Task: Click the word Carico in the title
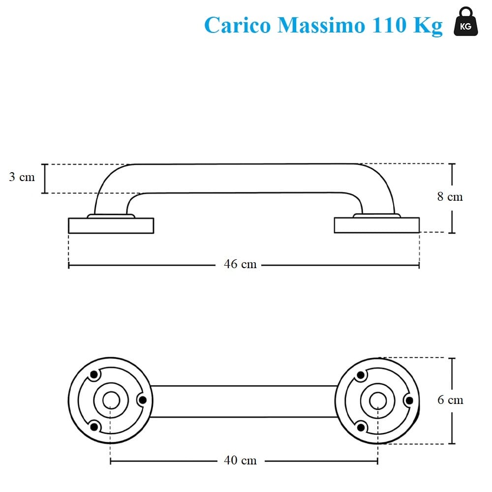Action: (x=238, y=25)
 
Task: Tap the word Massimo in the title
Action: (x=321, y=25)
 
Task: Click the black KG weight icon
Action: (x=465, y=23)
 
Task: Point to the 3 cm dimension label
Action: (x=22, y=177)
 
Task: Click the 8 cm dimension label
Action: (x=450, y=196)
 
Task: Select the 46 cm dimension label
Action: (x=240, y=264)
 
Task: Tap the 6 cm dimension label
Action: (x=450, y=400)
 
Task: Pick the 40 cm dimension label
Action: (x=240, y=461)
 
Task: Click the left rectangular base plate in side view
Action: (x=111, y=225)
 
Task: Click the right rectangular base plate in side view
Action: (x=376, y=225)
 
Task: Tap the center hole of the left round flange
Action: (x=110, y=400)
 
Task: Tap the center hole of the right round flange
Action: (x=377, y=400)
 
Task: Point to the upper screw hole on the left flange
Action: (x=94, y=376)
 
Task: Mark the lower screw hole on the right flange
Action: (x=361, y=426)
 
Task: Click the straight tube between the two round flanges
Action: (x=244, y=400)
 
